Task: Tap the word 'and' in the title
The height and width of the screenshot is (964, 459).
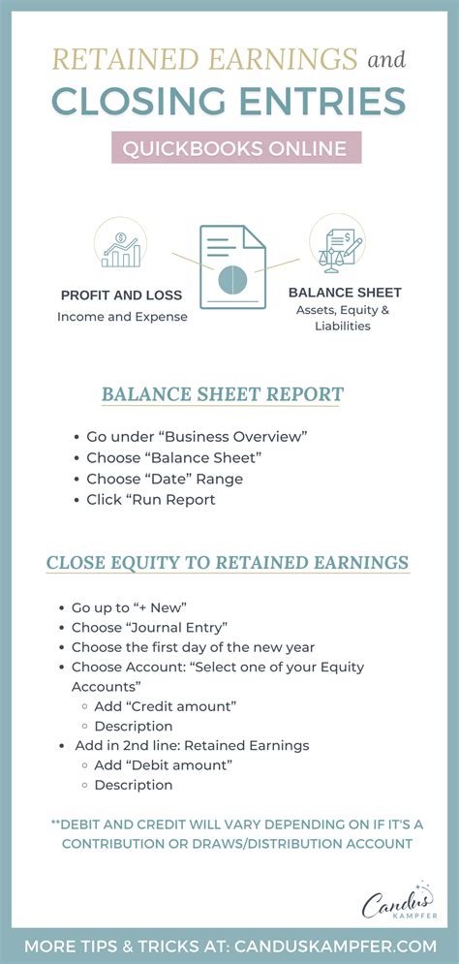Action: coord(385,60)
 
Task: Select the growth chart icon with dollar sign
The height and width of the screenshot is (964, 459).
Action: coord(121,244)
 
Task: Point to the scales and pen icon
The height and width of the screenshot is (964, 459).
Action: coord(336,243)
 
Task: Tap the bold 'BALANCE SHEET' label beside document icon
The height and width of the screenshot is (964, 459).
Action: coord(345,292)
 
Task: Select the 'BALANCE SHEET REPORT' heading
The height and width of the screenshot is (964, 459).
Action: coord(223,394)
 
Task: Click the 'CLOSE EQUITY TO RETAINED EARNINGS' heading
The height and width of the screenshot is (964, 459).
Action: coord(228,563)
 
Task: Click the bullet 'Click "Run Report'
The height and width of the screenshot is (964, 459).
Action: coord(150,500)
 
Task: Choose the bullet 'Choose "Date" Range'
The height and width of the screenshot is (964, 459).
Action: coord(165,479)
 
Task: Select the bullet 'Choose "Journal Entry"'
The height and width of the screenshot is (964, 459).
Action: coord(150,628)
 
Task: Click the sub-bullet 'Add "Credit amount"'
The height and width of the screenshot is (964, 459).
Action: coord(165,706)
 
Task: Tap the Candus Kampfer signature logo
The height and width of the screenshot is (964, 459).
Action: coord(397,903)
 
